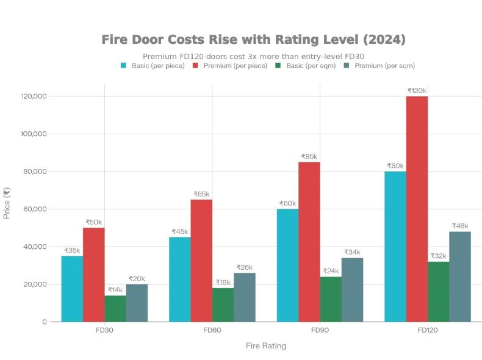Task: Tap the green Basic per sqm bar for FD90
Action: [x=331, y=299]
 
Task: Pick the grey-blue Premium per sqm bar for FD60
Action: [x=244, y=297]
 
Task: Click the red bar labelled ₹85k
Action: [x=309, y=242]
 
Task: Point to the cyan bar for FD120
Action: [x=395, y=247]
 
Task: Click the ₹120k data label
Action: [x=417, y=91]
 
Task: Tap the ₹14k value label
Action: [x=115, y=290]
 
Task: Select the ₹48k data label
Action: [x=460, y=226]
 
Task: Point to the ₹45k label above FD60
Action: [x=180, y=231]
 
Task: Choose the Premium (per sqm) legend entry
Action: [x=384, y=65]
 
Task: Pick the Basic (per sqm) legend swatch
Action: [x=278, y=65]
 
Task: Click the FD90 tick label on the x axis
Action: [x=320, y=330]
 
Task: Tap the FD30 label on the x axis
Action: [x=104, y=330]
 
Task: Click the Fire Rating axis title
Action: [x=265, y=345]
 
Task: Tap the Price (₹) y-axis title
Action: [x=7, y=203]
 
